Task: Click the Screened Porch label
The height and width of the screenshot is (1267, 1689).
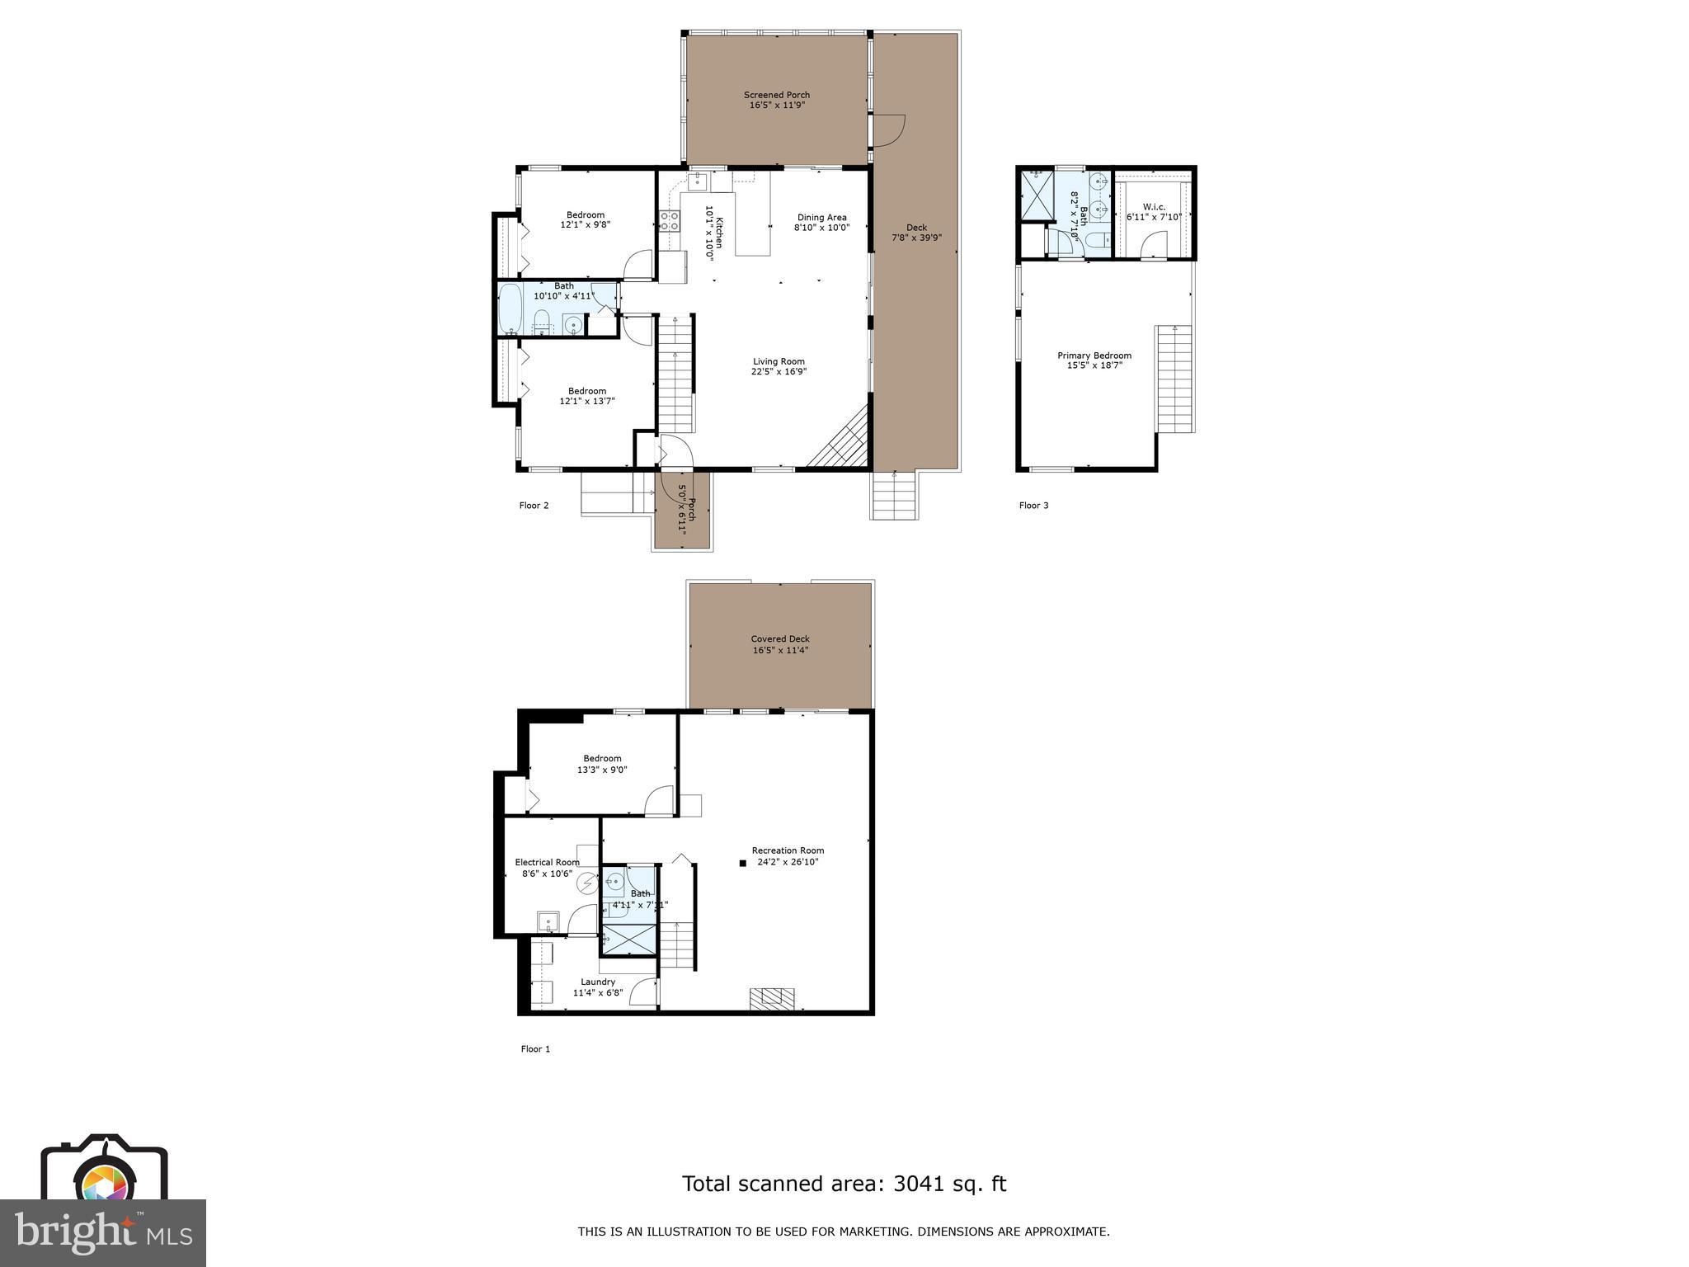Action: [776, 100]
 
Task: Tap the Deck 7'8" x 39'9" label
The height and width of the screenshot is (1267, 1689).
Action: [916, 233]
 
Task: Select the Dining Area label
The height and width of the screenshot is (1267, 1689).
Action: [821, 222]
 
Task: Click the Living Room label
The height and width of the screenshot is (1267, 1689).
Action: [779, 366]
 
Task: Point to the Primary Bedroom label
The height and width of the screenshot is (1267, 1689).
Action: [1094, 360]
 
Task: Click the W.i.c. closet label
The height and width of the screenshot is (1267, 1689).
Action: [1154, 211]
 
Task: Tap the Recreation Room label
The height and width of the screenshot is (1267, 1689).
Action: [788, 856]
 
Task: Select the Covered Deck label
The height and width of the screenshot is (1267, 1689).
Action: [780, 644]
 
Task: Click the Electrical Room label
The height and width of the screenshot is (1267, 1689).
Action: [547, 868]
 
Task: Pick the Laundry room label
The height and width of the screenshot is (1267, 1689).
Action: [598, 987]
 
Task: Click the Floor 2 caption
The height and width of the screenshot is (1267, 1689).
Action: [534, 506]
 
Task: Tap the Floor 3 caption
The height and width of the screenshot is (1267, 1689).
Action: [1033, 506]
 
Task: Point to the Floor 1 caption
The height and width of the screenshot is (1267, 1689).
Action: [535, 1049]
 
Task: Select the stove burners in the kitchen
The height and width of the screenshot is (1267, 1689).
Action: [669, 220]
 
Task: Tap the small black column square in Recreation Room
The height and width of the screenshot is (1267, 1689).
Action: [742, 863]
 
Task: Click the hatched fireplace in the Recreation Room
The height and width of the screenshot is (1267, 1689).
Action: [772, 999]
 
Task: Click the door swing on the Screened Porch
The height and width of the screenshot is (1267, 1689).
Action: [890, 130]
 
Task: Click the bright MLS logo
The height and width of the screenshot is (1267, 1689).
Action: [102, 1233]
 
